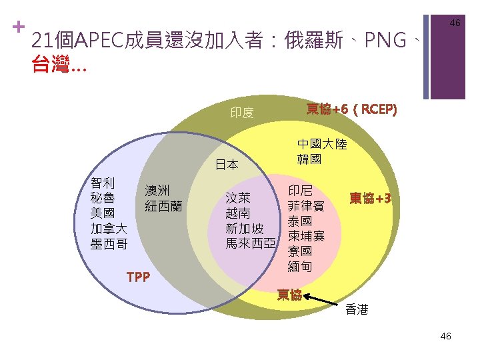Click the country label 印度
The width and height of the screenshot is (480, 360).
tap(242, 113)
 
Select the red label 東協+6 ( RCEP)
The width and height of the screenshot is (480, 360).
tap(351, 109)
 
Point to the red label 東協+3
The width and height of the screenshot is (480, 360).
tap(370, 199)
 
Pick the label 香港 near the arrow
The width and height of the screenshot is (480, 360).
tap(357, 310)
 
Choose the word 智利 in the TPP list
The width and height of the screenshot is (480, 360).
tap(102, 183)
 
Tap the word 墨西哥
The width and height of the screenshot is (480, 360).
tap(109, 244)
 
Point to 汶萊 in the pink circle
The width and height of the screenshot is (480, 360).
tap(238, 198)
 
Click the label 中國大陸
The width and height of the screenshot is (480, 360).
tap(322, 145)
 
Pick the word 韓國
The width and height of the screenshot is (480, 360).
tap(309, 160)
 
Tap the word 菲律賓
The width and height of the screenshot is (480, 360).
tap(306, 206)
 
